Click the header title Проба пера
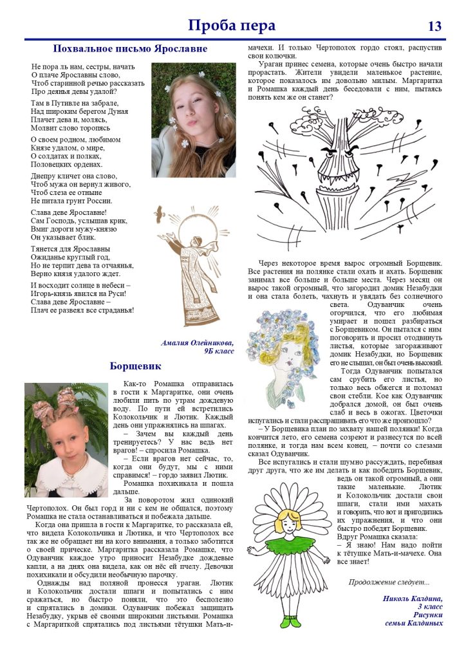click(232, 25)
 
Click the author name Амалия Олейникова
click(198, 342)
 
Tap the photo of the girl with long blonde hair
click(193, 119)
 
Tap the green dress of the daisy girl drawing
click(292, 548)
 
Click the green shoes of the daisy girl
click(291, 622)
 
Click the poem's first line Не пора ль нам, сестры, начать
click(83, 66)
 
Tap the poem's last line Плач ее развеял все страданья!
click(82, 310)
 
